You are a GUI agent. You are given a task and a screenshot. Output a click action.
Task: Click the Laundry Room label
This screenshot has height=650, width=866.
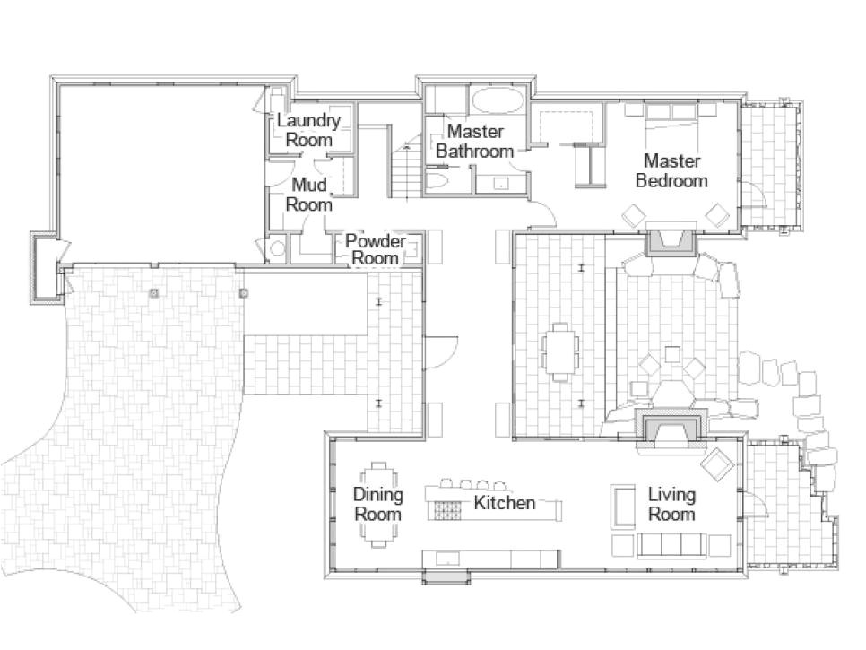[x=308, y=130]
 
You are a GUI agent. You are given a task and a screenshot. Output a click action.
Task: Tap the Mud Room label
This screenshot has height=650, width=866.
[x=308, y=195]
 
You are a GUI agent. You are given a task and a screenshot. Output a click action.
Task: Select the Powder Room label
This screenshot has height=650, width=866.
[x=375, y=249]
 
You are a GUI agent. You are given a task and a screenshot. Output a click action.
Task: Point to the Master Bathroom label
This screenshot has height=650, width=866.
[x=474, y=142]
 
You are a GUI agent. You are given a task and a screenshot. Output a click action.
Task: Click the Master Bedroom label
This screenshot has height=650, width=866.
[x=671, y=170]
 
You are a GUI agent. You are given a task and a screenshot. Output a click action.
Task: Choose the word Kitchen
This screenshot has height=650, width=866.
[x=504, y=503]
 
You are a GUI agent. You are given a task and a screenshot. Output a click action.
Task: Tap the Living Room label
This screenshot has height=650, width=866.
[x=671, y=505]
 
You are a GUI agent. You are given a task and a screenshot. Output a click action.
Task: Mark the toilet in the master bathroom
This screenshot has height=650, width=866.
[x=438, y=183]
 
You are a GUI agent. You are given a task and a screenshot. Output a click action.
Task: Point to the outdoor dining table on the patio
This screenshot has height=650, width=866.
[x=560, y=351]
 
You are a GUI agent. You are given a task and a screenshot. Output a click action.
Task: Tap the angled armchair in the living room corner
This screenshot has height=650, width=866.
[x=717, y=464]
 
